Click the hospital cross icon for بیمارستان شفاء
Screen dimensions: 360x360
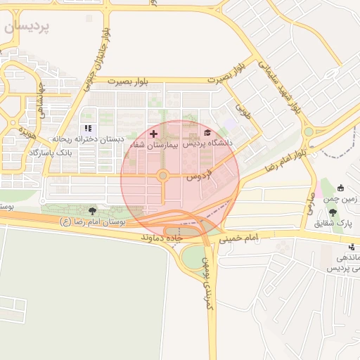point(153,133)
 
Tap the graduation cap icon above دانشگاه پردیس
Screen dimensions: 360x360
point(207,132)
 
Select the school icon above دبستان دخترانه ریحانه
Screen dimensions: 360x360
point(89,128)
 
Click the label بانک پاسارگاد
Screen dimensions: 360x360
point(53,153)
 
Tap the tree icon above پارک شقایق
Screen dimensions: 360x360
point(333,212)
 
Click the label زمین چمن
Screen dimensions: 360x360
point(340,200)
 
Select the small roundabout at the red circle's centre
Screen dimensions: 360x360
point(162,175)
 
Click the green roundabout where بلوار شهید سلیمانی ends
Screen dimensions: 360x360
point(308,131)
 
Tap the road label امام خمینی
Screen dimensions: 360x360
point(239,238)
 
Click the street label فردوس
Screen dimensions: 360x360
point(199,177)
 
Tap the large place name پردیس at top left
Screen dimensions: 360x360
point(26,27)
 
